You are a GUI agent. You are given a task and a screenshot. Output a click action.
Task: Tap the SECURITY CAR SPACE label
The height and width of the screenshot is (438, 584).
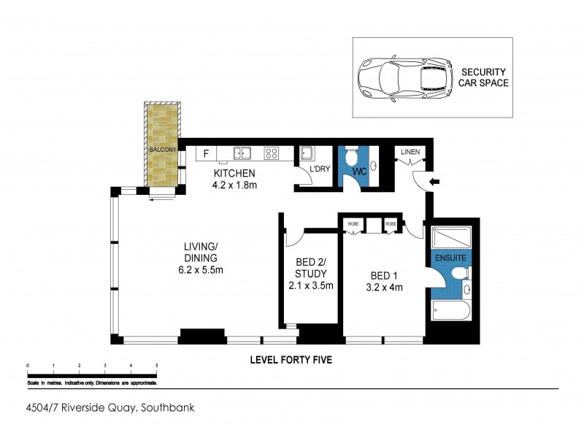483,77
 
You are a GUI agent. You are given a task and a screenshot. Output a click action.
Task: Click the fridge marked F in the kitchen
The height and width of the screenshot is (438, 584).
207,153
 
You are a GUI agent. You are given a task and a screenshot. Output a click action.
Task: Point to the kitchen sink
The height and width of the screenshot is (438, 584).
242,153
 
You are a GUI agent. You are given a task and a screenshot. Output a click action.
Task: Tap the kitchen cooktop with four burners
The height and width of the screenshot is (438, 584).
271,153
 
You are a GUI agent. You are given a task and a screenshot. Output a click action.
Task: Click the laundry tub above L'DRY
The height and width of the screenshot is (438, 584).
307,154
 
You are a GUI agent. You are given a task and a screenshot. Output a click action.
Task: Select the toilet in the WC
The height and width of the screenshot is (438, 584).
351,156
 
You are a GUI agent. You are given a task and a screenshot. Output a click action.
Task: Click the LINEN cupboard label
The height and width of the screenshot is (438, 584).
410,151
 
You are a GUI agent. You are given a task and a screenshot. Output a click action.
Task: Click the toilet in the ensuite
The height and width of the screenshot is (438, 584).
459,274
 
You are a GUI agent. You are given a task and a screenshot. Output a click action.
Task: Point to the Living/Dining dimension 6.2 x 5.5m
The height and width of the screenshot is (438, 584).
199,270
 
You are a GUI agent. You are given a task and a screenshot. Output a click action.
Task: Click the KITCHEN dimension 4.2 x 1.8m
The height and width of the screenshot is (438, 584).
234,185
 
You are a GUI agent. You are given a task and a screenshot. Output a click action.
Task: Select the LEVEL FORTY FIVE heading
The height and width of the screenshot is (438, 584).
291,360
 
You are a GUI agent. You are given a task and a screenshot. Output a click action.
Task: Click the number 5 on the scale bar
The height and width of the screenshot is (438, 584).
156,364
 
